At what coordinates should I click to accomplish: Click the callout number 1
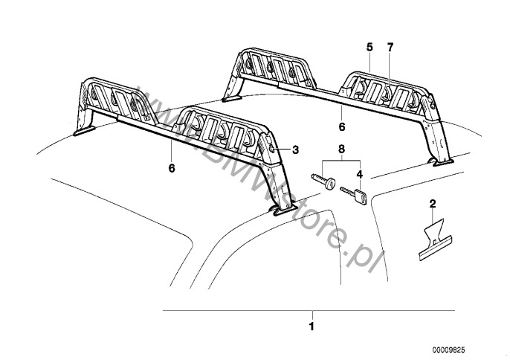pyautogui.click(x=312, y=326)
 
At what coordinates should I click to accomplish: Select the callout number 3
pyautogui.click(x=295, y=150)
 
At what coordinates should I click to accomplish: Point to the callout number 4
pyautogui.click(x=359, y=176)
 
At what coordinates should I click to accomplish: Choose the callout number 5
pyautogui.click(x=369, y=47)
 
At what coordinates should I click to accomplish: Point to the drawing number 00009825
pyautogui.click(x=471, y=349)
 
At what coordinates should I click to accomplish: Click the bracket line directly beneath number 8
pyautogui.click(x=342, y=161)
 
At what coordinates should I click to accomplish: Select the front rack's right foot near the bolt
pyautogui.click(x=283, y=211)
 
